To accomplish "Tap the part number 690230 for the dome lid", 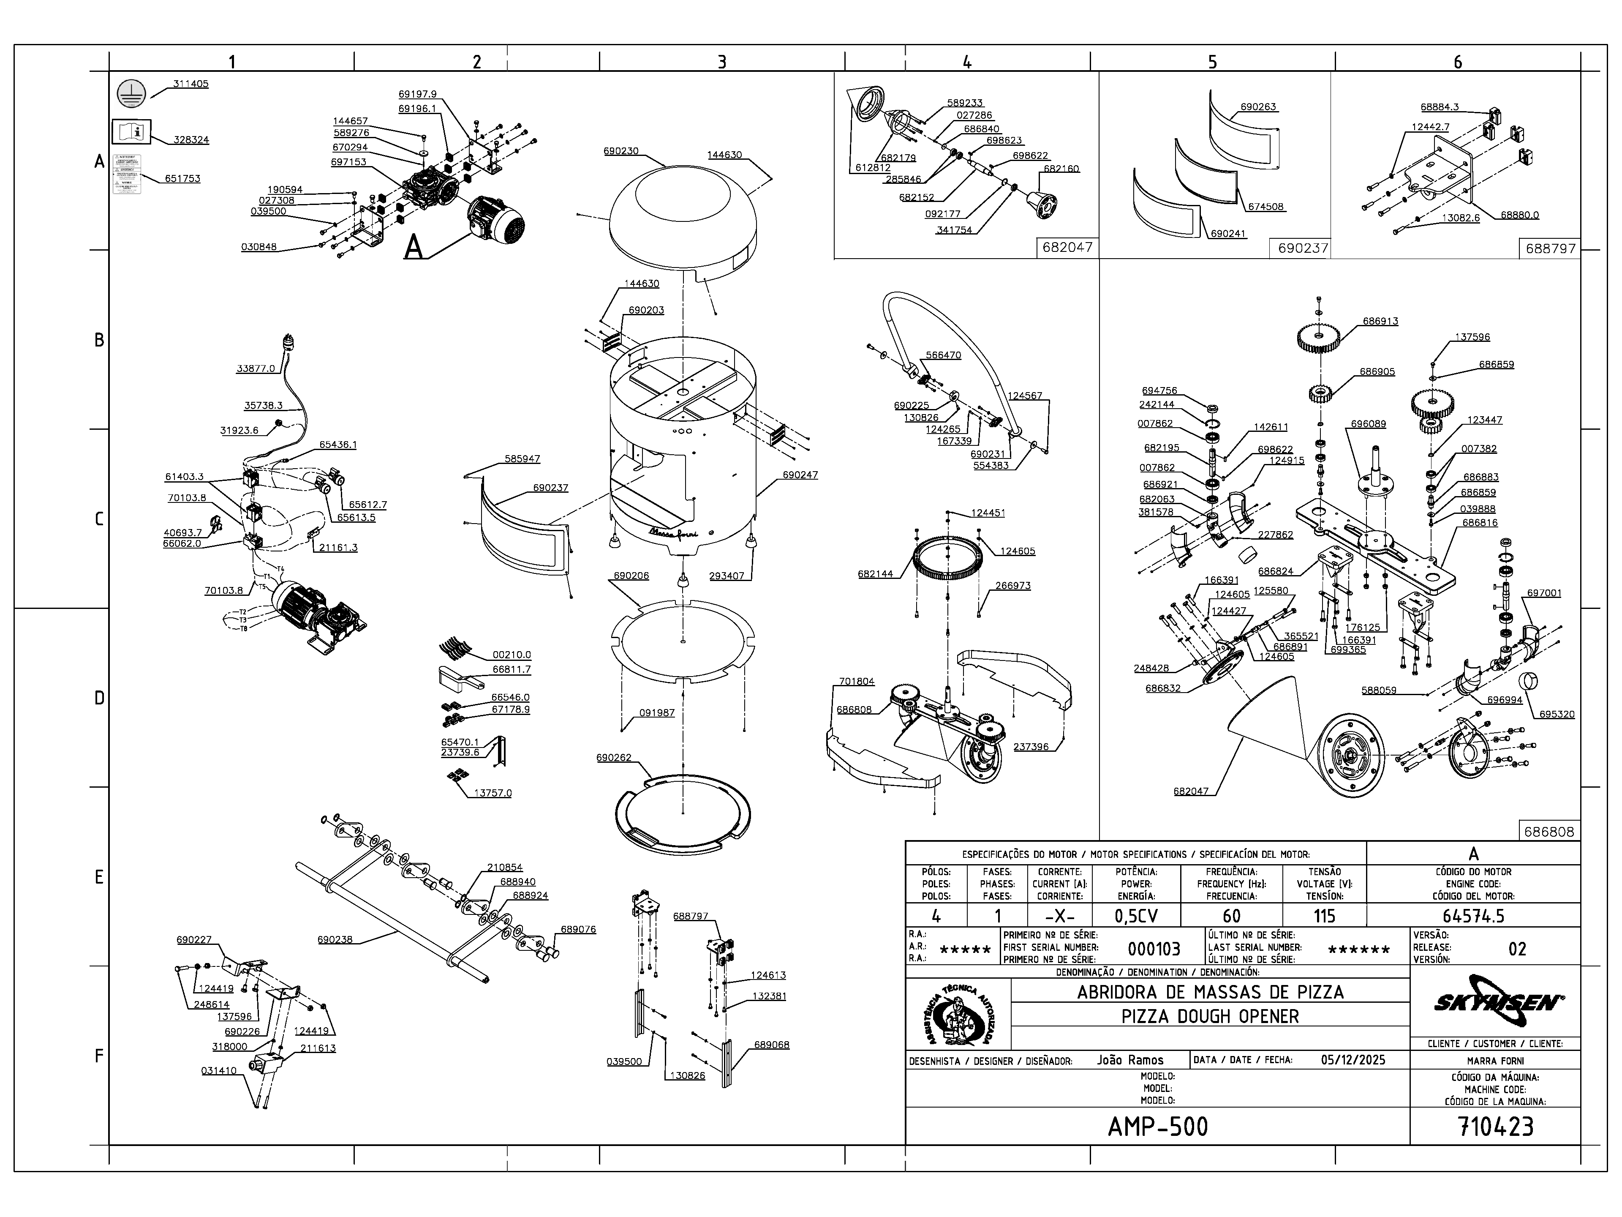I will point(620,151).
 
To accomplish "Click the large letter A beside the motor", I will point(414,247).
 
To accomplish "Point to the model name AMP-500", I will point(1157,1126).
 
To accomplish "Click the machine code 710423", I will point(1495,1126).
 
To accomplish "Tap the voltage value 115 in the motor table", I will point(1323,916).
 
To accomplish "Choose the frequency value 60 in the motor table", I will point(1231,916).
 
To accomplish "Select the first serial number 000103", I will point(1154,949).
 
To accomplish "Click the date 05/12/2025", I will point(1353,1060).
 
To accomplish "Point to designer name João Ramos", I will point(1130,1060).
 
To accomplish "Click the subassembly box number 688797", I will point(1550,248).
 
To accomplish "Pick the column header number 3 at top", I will point(721,62).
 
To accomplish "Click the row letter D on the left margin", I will point(99,698).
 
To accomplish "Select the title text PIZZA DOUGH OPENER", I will point(1210,1016).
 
